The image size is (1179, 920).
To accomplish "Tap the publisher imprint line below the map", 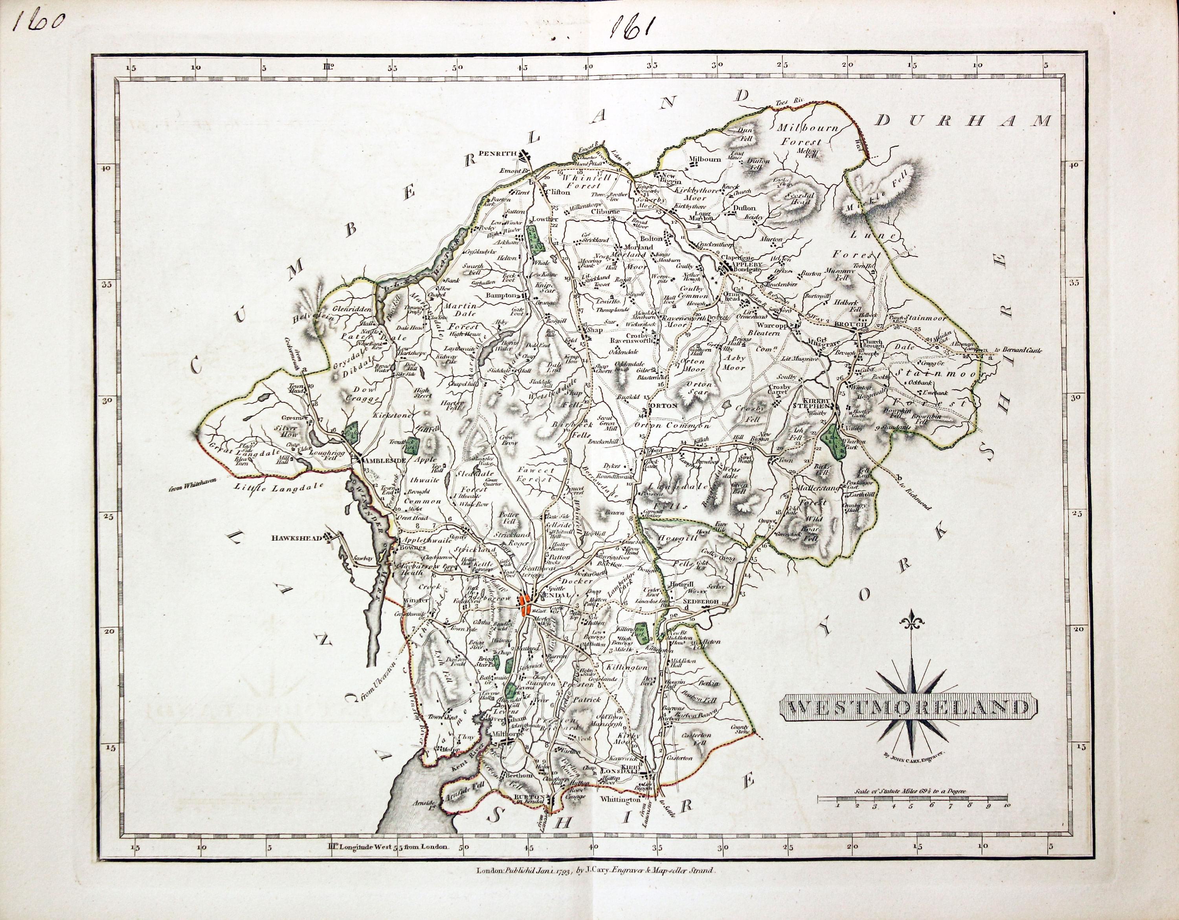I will [406, 870].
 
